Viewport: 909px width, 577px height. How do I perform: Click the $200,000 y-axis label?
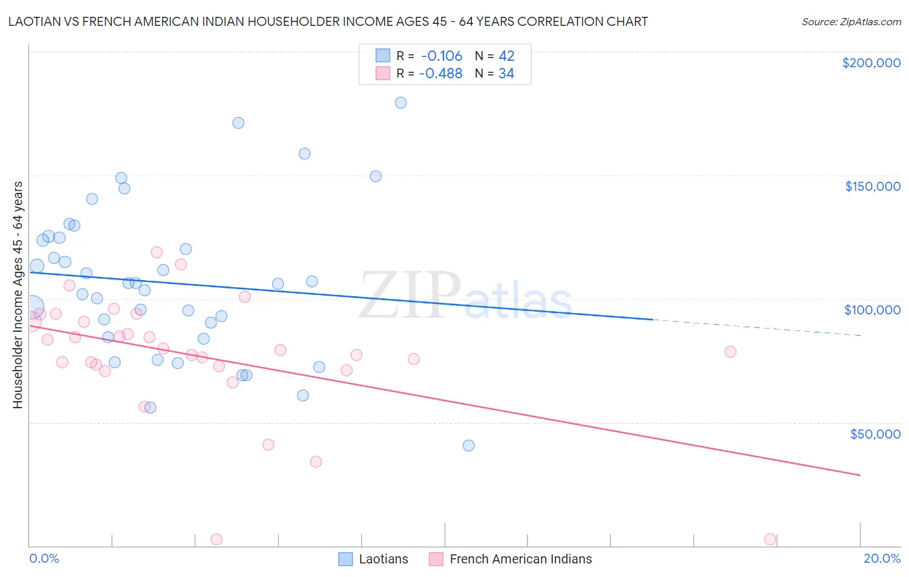click(871, 63)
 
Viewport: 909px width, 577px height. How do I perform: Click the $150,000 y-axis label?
click(872, 186)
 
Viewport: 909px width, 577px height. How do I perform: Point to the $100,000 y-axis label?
click(872, 310)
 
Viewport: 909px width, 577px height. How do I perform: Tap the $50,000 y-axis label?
click(875, 433)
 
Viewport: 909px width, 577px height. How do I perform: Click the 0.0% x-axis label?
click(44, 558)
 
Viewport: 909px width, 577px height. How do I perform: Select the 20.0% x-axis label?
click(882, 558)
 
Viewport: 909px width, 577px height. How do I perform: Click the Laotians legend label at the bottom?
click(383, 559)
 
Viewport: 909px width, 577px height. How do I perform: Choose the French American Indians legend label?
click(520, 559)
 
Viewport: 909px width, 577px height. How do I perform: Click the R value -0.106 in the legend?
click(442, 56)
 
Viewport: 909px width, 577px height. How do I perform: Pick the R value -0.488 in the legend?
click(440, 74)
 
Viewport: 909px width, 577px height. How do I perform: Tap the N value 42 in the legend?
click(506, 56)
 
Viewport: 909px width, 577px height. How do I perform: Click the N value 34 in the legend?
click(506, 74)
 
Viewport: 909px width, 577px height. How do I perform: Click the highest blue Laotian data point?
click(401, 103)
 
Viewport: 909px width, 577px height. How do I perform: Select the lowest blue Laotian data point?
click(469, 446)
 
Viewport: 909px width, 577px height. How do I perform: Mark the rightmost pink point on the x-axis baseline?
click(770, 539)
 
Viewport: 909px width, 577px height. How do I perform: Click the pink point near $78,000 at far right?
click(731, 352)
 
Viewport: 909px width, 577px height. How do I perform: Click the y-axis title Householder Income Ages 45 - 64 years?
click(17, 295)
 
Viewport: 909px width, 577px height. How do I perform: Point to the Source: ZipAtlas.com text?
click(851, 22)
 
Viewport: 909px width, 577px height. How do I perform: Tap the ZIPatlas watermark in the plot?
click(465, 296)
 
